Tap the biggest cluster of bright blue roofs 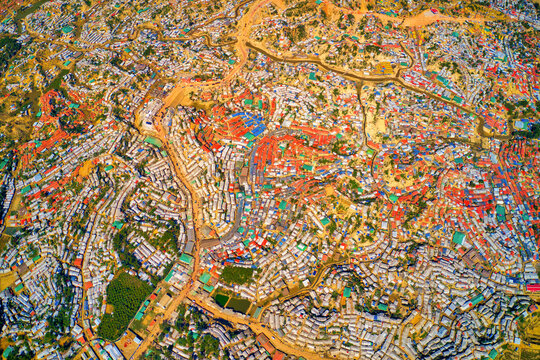[x=250, y=124]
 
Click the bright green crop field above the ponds [x=236, y=273]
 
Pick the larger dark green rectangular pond [x=239, y=304]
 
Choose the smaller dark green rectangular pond [x=220, y=298]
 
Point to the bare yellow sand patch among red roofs [x=377, y=126]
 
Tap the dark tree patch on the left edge [x=8, y=50]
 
